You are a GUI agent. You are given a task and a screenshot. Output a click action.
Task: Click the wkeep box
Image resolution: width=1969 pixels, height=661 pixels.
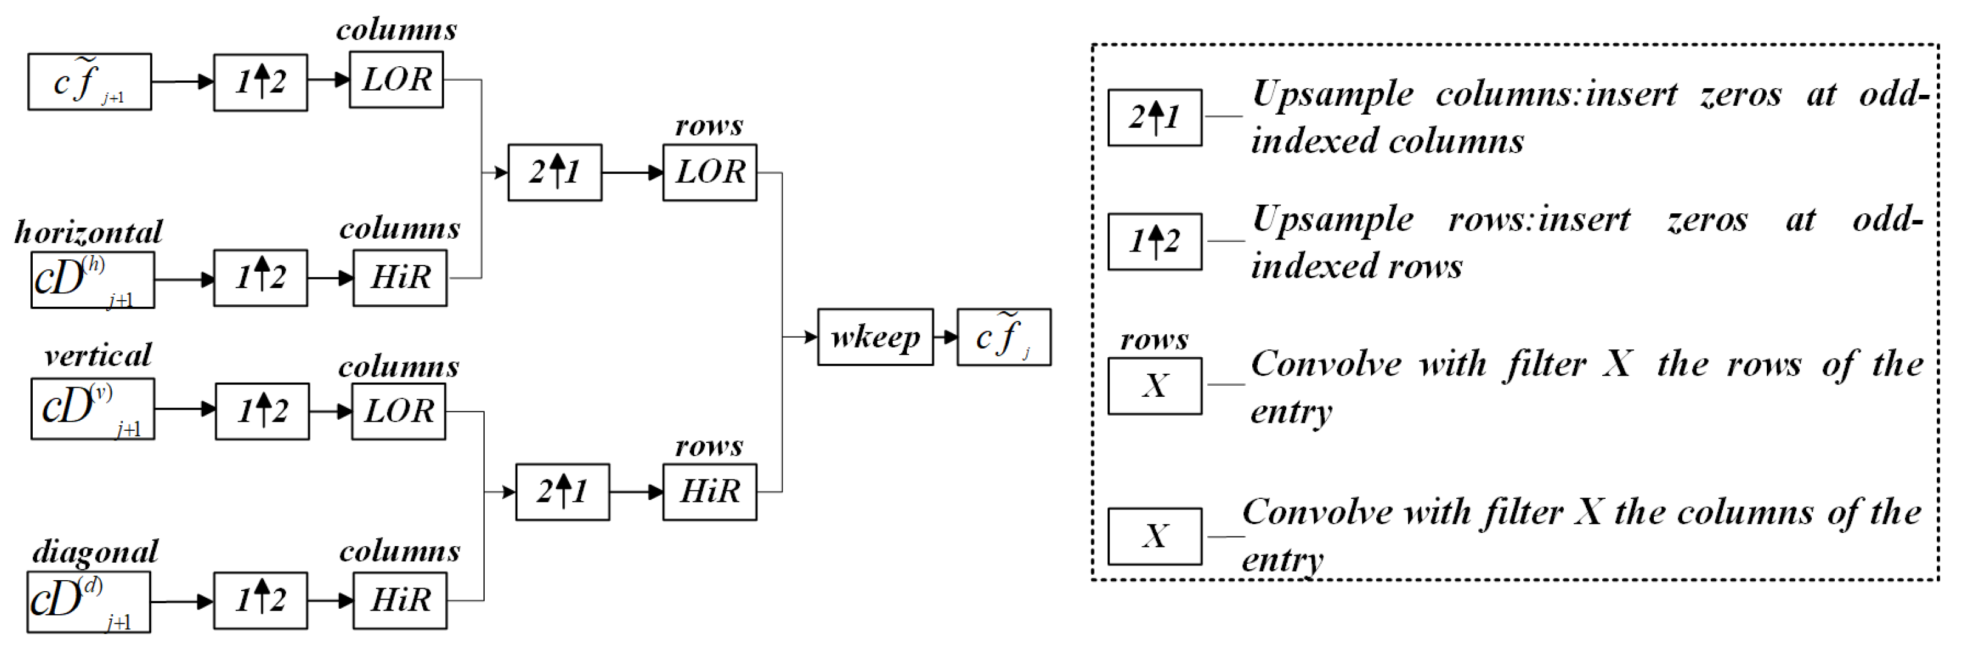(875, 337)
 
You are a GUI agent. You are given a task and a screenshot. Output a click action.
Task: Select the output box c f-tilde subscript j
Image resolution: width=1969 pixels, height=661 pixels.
(1003, 337)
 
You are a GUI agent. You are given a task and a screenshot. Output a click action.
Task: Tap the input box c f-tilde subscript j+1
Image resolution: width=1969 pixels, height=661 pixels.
(89, 82)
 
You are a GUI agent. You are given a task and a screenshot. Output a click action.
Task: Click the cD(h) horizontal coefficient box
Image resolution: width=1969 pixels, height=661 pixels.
(92, 280)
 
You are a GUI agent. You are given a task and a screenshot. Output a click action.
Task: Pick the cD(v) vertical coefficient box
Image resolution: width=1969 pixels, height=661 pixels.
(92, 408)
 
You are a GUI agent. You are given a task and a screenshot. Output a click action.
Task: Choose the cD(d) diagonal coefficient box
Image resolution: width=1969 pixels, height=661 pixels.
(89, 602)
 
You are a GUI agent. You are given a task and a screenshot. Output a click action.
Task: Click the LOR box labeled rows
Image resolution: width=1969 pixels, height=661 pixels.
(709, 172)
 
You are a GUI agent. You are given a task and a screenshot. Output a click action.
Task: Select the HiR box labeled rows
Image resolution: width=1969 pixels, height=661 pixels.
(709, 492)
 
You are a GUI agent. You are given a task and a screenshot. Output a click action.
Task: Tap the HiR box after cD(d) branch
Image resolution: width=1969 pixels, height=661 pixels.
(400, 601)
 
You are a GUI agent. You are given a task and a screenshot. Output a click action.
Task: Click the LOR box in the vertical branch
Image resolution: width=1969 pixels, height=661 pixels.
(398, 411)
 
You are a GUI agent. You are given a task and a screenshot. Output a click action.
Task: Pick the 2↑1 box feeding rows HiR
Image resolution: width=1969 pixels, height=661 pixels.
(562, 492)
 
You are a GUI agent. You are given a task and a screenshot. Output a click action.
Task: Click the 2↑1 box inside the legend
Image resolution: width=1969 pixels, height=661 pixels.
(1154, 118)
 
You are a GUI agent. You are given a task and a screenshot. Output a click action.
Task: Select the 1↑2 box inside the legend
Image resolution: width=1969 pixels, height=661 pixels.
(1154, 242)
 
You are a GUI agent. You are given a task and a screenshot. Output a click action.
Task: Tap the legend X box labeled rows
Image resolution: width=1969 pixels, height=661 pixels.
(1154, 386)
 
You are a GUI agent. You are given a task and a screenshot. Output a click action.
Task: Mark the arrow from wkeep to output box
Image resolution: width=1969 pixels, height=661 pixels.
(946, 337)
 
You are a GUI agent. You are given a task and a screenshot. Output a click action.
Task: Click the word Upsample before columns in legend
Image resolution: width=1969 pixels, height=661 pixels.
(1333, 95)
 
